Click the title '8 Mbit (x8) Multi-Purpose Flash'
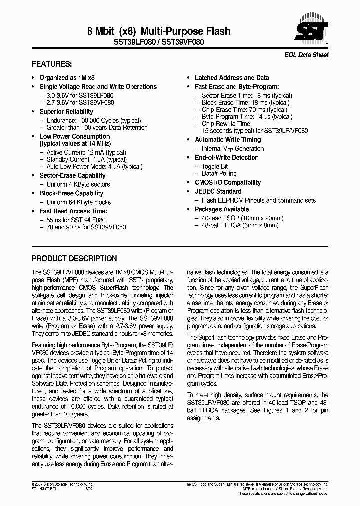click(x=159, y=31)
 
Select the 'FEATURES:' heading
click(x=52, y=65)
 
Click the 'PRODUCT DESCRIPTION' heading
click(x=74, y=259)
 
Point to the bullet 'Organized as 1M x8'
click(x=67, y=78)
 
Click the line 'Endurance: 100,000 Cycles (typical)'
click(x=93, y=121)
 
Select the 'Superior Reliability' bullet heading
click(x=66, y=112)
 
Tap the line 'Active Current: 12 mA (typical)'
click(x=86, y=153)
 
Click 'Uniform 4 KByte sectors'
click(x=78, y=185)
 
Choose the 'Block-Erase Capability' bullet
click(x=71, y=193)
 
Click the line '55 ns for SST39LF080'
click(x=76, y=220)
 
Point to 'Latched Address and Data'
click(x=232, y=78)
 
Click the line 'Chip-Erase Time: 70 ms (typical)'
click(x=244, y=110)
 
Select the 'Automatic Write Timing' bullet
click(x=228, y=140)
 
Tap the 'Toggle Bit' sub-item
click(x=215, y=167)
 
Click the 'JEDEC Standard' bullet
click(x=218, y=191)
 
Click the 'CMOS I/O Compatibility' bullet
click(x=228, y=183)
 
